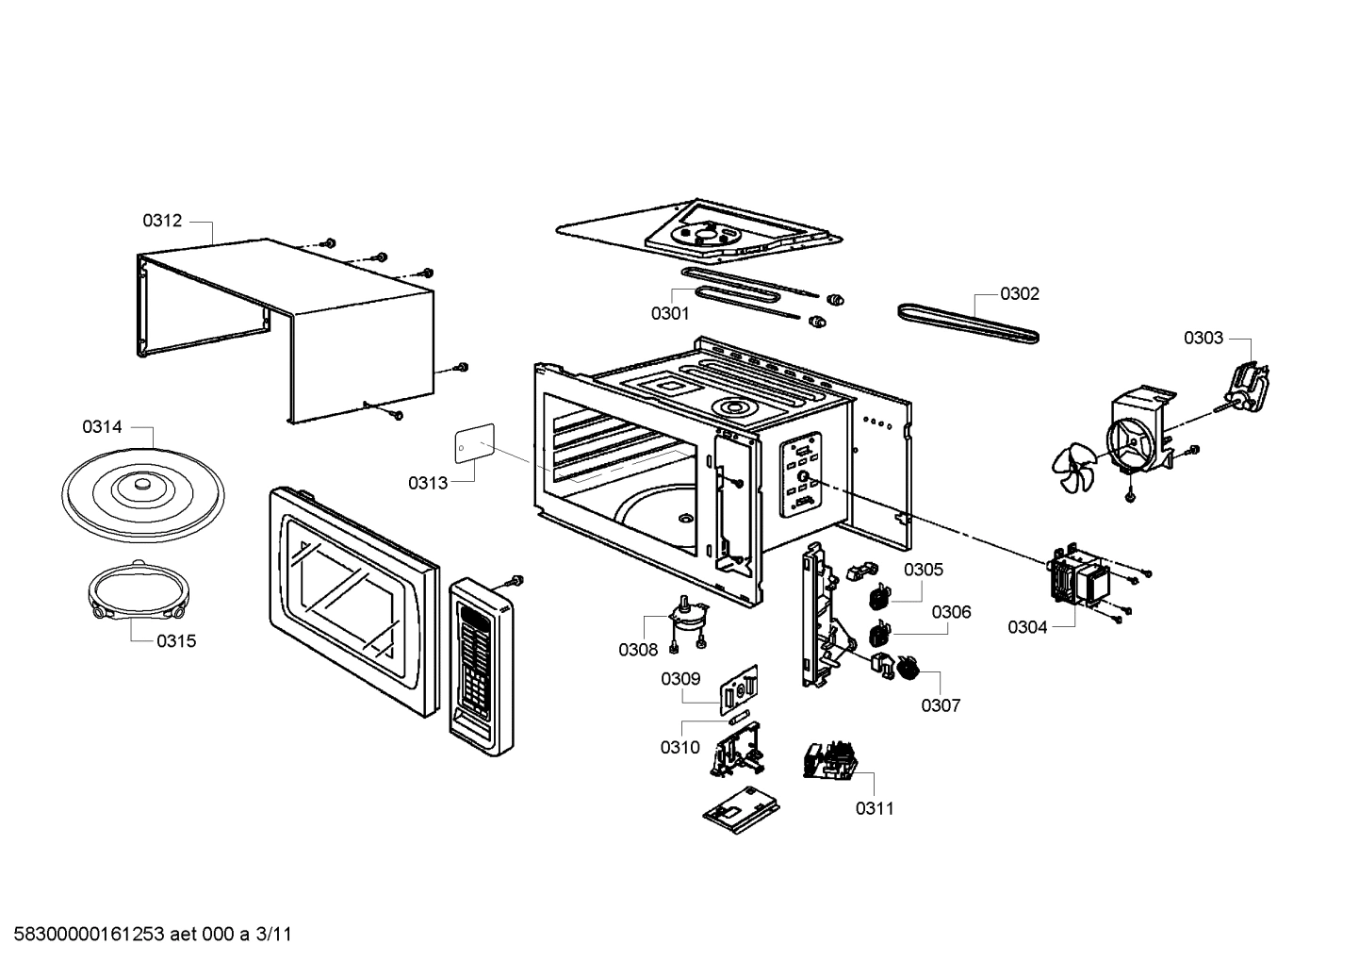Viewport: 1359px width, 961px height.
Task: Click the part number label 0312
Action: (x=162, y=221)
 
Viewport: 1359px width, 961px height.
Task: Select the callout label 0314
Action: (x=102, y=427)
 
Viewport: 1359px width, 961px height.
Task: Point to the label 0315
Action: (x=176, y=641)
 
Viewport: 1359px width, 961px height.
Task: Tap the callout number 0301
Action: (x=670, y=313)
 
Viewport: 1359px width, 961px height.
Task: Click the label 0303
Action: (x=1203, y=338)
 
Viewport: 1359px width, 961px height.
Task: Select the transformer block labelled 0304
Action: (x=1078, y=578)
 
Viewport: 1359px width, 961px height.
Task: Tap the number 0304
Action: (x=1027, y=627)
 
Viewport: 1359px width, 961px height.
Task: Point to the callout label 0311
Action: (x=875, y=808)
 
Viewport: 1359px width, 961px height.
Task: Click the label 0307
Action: (x=941, y=705)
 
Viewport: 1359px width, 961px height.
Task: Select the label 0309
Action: (x=680, y=678)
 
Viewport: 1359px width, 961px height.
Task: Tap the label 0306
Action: (x=951, y=612)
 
